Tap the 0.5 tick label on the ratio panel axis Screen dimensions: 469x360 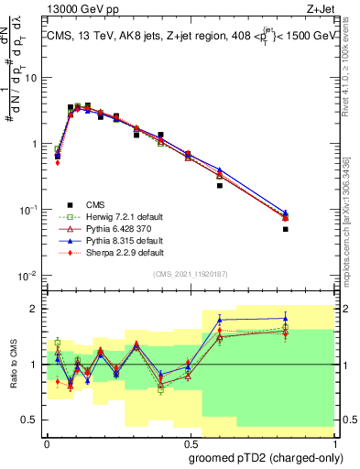click(x=33, y=421)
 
